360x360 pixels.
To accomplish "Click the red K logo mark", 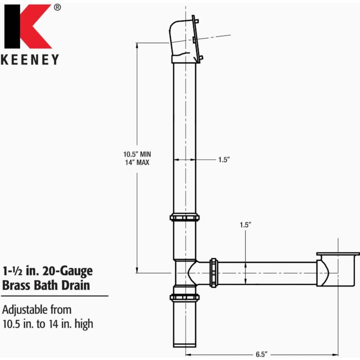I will [x=30, y=26].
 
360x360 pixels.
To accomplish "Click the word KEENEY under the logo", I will [x=30, y=59].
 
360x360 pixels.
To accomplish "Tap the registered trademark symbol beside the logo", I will [x=57, y=7].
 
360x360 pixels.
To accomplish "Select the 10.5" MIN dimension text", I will [x=137, y=153].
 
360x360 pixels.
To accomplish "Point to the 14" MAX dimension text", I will [x=137, y=162].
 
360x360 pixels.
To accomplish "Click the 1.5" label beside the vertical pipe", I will [x=223, y=160].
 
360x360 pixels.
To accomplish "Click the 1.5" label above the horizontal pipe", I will [x=245, y=225].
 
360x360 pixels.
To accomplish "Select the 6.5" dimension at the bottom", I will [x=262, y=354].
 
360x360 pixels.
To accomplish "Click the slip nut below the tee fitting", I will [x=184, y=297].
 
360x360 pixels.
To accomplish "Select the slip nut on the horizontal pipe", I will [x=214, y=273].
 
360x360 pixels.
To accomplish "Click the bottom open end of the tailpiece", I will [x=184, y=345].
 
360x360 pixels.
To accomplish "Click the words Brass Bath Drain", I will [x=46, y=284].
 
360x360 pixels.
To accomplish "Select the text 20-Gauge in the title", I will [x=67, y=271].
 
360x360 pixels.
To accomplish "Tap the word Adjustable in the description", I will [x=26, y=310].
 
